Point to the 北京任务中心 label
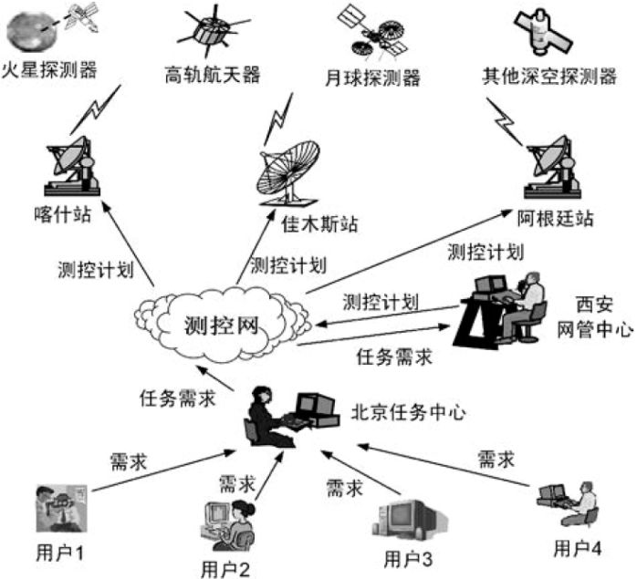point(409,411)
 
